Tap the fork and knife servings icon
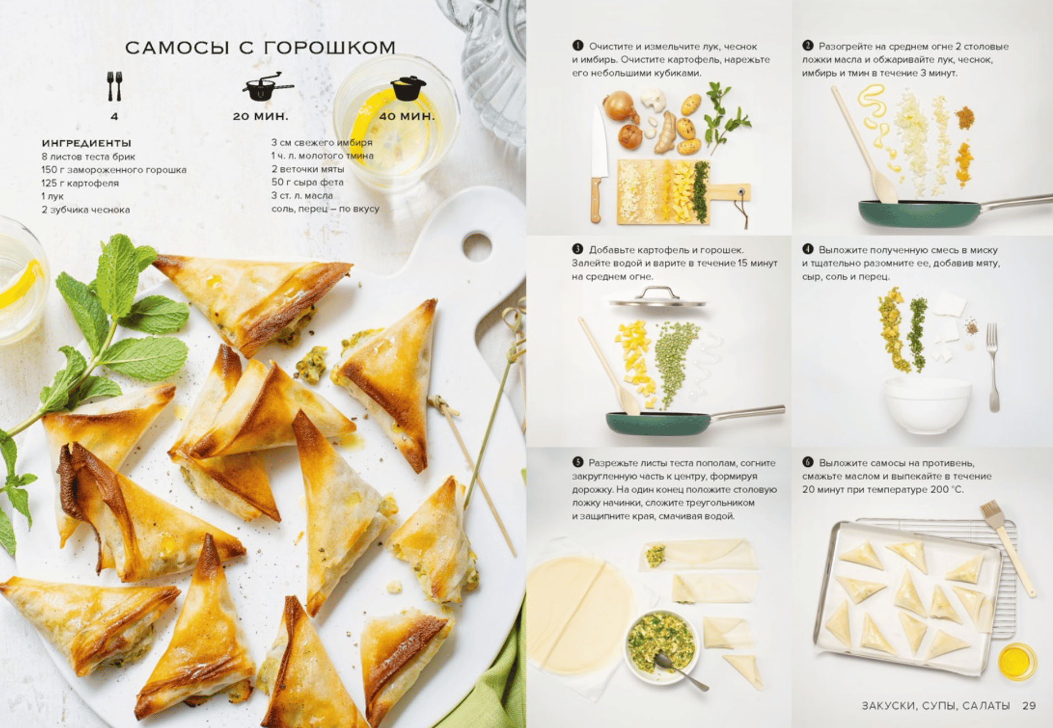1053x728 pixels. (x=114, y=86)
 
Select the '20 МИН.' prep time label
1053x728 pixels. (x=260, y=116)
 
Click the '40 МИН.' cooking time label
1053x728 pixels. (x=407, y=116)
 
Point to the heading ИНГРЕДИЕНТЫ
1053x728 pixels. (x=87, y=143)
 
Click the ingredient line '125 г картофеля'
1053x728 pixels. (x=80, y=183)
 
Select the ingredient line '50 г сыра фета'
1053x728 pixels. (x=307, y=182)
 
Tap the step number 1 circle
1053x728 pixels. (x=578, y=46)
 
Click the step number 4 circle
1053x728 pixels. (x=808, y=249)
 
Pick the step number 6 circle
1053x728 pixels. (x=808, y=462)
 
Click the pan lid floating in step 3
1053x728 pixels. (x=657, y=298)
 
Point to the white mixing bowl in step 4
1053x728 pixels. (x=927, y=405)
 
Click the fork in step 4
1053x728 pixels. (x=993, y=367)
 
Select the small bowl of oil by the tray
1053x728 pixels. (x=1017, y=661)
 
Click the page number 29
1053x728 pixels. (x=1029, y=705)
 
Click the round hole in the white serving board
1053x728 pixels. (x=477, y=246)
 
